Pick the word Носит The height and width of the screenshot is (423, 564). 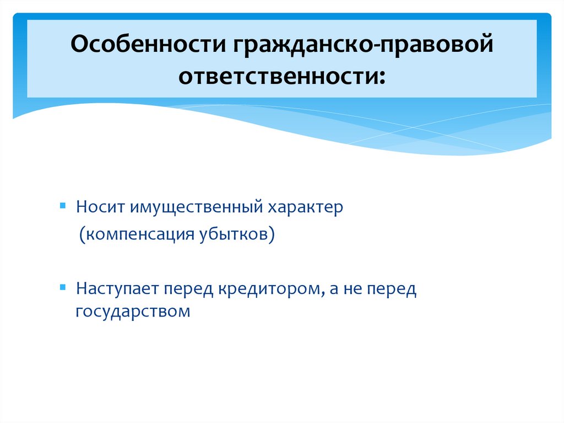pyautogui.click(x=100, y=208)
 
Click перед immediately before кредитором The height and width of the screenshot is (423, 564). pyautogui.click(x=189, y=288)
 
